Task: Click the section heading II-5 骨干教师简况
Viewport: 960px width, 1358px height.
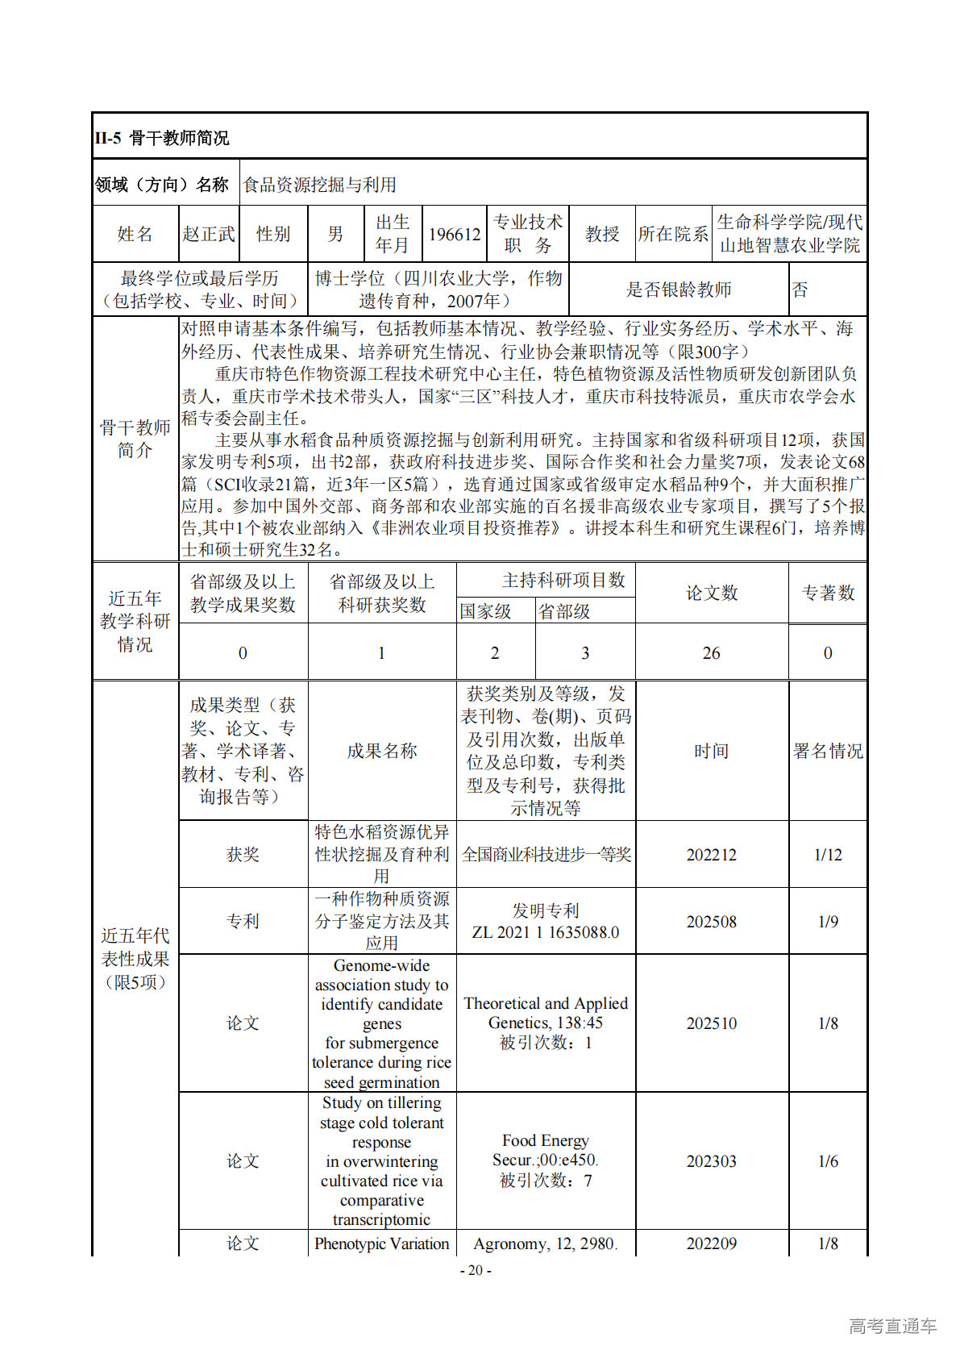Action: (x=162, y=138)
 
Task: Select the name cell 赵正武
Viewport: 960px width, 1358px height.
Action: (x=209, y=234)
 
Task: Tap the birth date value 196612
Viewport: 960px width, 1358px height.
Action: (x=455, y=234)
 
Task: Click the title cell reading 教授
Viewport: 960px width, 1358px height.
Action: (x=601, y=234)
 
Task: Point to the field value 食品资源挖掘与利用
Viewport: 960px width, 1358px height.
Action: (x=320, y=185)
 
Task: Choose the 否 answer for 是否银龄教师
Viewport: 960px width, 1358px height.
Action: (x=800, y=290)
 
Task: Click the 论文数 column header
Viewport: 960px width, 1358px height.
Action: (x=711, y=593)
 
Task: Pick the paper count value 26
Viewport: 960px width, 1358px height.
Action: (x=711, y=653)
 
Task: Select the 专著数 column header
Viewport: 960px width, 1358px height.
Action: (x=828, y=593)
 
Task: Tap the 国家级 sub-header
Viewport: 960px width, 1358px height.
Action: (x=486, y=611)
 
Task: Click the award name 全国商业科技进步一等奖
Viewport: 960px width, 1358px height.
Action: (x=546, y=855)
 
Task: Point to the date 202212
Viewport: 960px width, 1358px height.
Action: (x=711, y=855)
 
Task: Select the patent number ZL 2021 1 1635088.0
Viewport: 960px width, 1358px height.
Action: (x=546, y=932)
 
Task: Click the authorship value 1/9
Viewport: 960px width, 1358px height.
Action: (x=828, y=922)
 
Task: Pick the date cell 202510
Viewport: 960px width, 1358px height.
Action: (x=711, y=1023)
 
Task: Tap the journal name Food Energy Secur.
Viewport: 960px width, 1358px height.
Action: (x=546, y=1150)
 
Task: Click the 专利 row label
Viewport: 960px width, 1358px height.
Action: (x=243, y=922)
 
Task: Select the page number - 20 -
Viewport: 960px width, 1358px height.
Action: (x=476, y=1270)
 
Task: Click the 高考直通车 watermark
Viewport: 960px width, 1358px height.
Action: (x=892, y=1326)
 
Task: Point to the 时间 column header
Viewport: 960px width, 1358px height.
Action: (x=711, y=751)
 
